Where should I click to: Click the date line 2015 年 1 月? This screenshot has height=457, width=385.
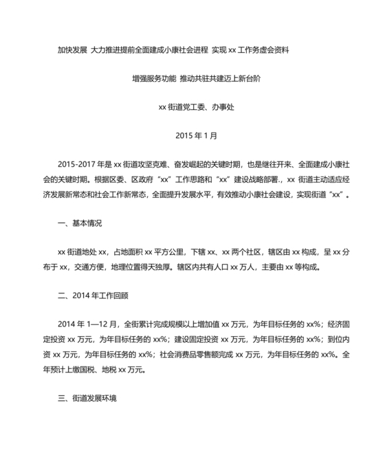[192, 135]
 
